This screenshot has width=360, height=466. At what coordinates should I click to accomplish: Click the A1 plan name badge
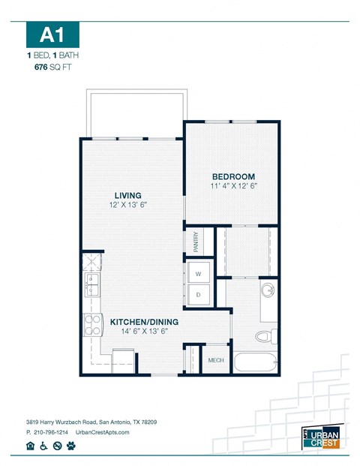click(x=52, y=35)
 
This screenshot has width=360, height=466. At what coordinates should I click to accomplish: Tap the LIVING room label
click(x=127, y=194)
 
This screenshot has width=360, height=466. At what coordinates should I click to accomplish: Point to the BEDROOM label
click(x=233, y=176)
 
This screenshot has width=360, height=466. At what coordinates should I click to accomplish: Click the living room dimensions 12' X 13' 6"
click(x=127, y=204)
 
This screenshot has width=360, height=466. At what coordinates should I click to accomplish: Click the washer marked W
click(x=199, y=273)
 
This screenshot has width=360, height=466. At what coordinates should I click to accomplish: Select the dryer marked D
click(x=199, y=295)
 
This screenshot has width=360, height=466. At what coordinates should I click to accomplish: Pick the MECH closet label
click(x=216, y=361)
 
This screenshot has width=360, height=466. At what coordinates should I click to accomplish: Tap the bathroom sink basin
click(x=268, y=290)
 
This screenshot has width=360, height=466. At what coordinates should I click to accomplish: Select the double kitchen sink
click(x=92, y=286)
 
